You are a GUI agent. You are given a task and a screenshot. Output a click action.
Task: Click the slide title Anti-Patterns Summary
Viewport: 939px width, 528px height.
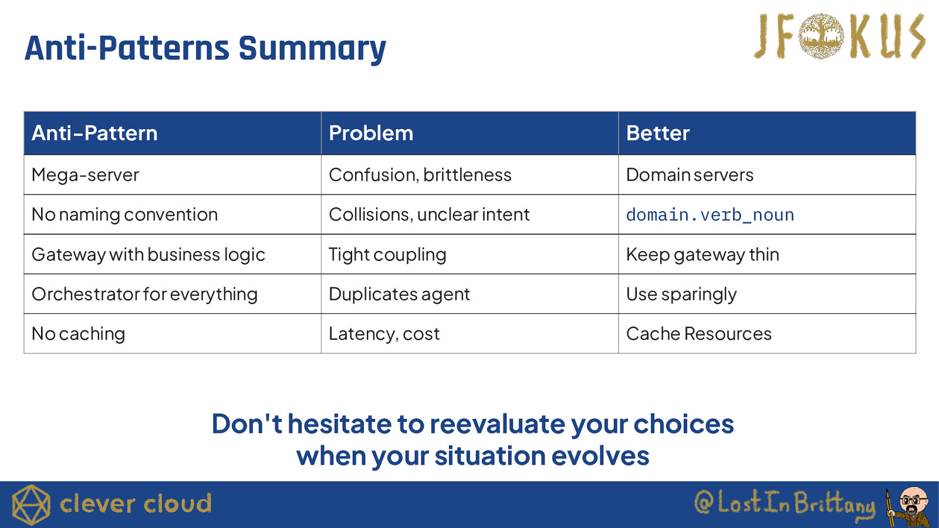coord(205,49)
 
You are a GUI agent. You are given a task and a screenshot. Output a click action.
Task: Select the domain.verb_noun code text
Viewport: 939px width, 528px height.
coord(710,215)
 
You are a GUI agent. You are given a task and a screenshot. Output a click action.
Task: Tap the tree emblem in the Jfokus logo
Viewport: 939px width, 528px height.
coord(821,36)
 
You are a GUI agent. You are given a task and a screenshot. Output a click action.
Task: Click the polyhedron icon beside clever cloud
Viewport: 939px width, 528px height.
coord(31,505)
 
